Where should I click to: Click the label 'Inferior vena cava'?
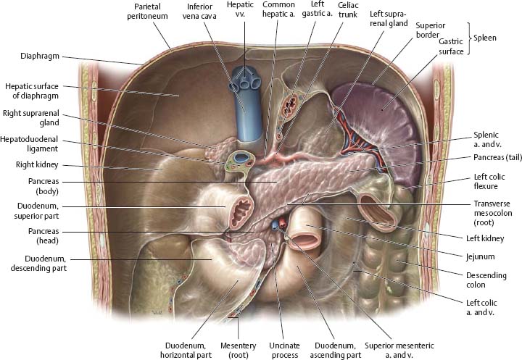199,12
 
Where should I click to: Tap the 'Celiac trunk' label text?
348,10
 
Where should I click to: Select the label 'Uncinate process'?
285,351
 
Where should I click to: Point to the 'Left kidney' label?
485,238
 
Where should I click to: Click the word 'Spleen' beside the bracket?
485,38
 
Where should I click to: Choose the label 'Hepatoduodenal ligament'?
29,143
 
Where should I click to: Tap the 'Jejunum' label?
481,256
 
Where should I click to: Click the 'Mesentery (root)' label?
238,351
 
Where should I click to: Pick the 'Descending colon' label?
486,280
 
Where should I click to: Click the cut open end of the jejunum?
304,240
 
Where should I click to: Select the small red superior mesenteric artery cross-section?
282,222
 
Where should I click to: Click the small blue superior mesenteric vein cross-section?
275,225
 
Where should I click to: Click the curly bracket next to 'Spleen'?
469,38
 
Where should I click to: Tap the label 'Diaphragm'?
40,56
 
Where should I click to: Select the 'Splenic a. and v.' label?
487,139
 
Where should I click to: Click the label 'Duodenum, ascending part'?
335,351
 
